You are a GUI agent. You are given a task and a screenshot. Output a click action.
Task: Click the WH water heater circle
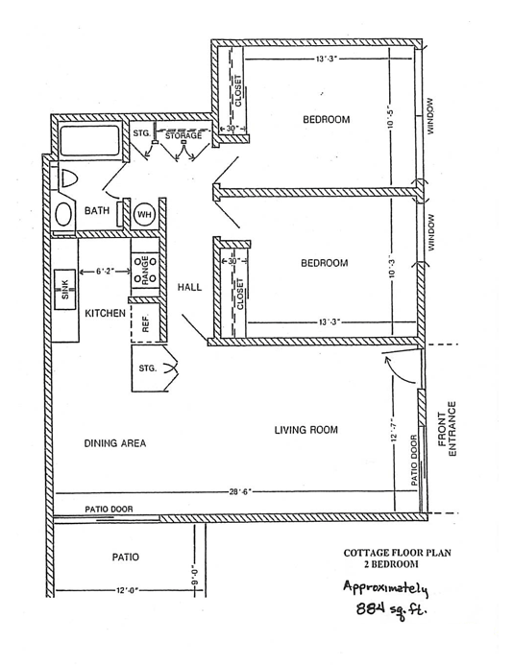click(x=144, y=213)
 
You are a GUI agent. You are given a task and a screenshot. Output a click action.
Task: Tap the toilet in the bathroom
click(x=67, y=179)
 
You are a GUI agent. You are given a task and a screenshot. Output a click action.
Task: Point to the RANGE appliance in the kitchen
click(x=147, y=272)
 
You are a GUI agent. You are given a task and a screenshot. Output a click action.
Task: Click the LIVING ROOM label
click(x=305, y=431)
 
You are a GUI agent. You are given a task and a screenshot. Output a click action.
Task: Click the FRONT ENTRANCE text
click(x=455, y=430)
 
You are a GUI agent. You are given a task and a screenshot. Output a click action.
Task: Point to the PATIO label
click(x=126, y=557)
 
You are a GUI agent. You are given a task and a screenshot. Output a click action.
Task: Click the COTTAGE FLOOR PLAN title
click(x=399, y=554)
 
